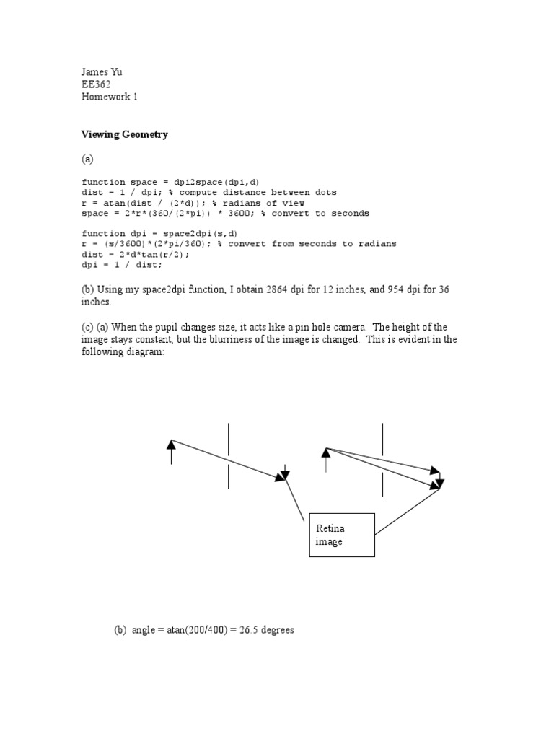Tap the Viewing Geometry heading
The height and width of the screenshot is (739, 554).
click(124, 134)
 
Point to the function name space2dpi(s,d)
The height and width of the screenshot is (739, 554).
click(207, 234)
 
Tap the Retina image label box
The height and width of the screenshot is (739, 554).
click(342, 535)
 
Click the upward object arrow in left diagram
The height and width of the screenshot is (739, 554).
click(171, 451)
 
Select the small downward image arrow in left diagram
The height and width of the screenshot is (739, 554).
click(285, 473)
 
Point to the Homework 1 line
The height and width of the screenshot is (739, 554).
click(109, 97)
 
